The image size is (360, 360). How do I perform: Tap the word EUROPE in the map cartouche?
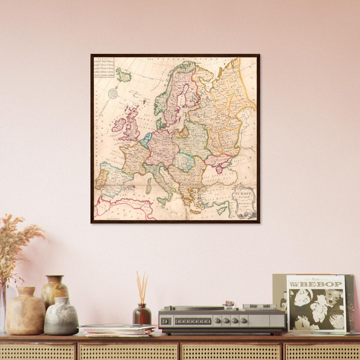[x=242, y=193]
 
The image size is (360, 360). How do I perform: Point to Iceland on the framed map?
[x=123, y=75]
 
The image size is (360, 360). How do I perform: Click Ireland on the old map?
[x=119, y=125]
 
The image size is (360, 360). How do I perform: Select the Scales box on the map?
[x=103, y=67]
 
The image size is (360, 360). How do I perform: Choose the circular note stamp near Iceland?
[x=112, y=93]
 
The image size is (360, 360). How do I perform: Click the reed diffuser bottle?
[x=141, y=313]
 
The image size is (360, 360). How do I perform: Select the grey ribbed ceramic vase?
[x=61, y=316]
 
